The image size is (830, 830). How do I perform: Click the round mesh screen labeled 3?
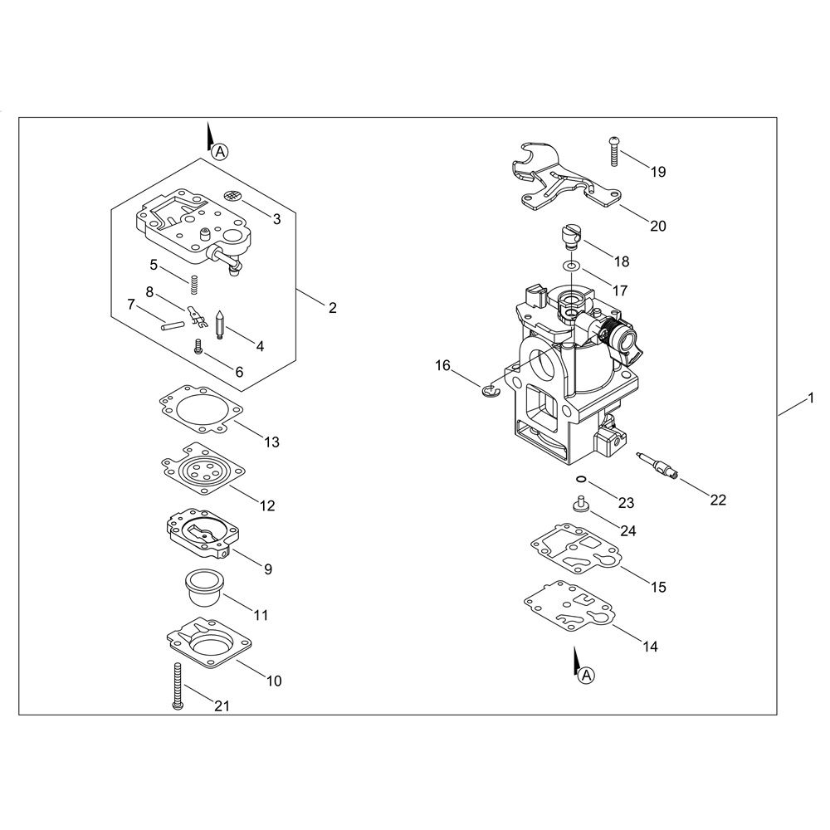[232, 195]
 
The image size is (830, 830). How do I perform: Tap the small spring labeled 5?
[194, 286]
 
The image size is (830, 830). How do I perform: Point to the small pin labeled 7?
[172, 325]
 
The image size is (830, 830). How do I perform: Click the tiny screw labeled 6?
[198, 346]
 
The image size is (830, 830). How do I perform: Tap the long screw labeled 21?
[178, 686]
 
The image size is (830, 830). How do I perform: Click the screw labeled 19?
[614, 151]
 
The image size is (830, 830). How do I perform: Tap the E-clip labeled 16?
[491, 391]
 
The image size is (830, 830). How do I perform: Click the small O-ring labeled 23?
[581, 479]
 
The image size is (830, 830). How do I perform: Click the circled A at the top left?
[220, 152]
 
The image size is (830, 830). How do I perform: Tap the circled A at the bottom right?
[587, 675]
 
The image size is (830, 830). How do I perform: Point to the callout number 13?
[271, 442]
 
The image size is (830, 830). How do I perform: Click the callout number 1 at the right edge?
[811, 398]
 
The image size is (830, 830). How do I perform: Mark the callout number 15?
[658, 587]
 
